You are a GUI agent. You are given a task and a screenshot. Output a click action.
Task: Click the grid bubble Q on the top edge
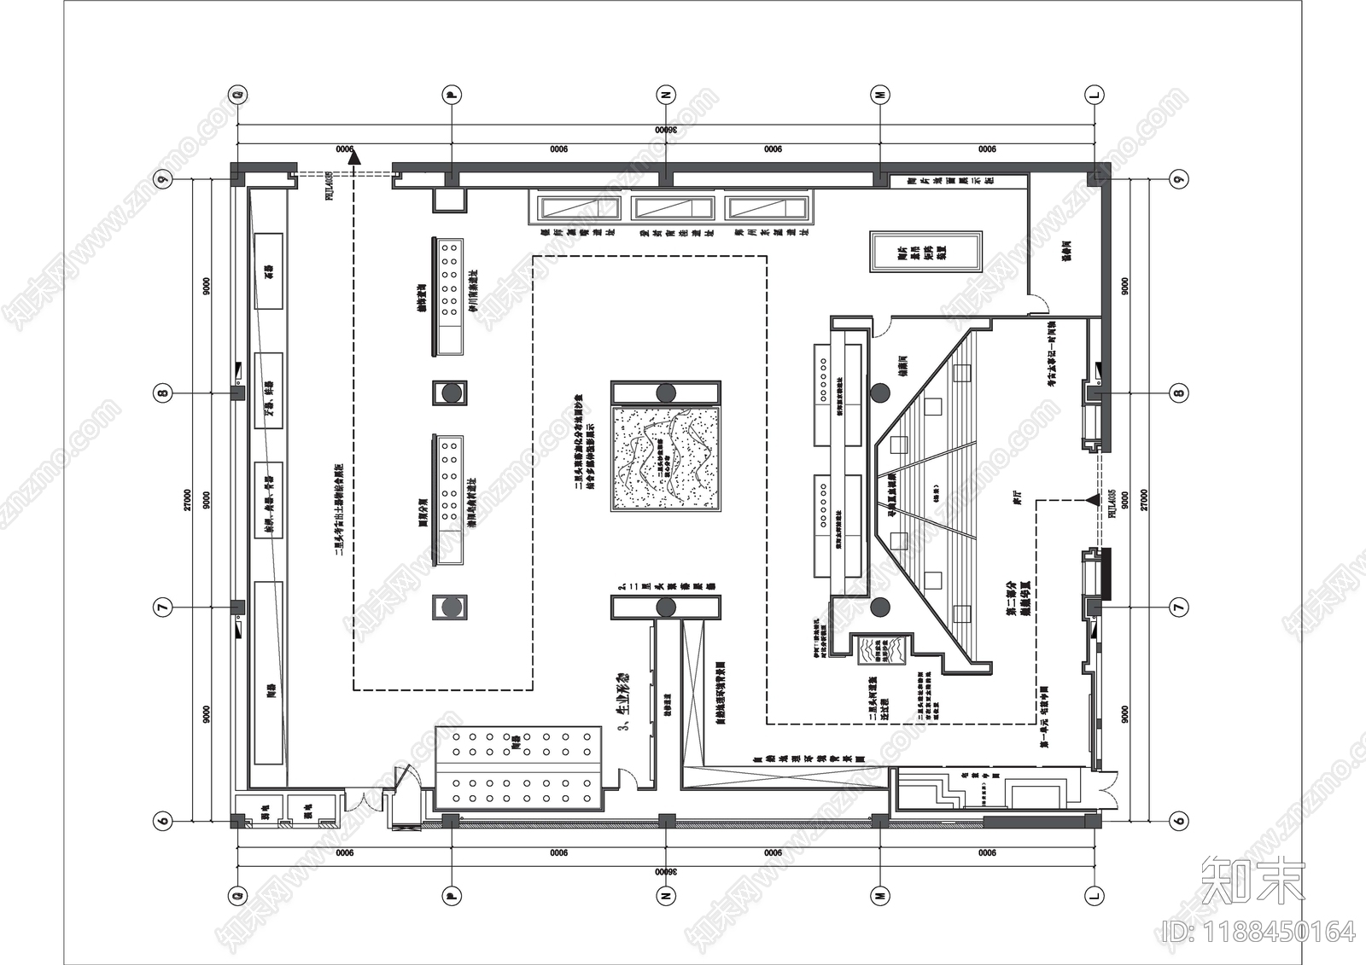point(238,95)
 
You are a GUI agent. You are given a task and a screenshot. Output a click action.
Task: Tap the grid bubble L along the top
point(1094,95)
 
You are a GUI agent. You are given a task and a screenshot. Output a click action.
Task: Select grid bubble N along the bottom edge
point(666,895)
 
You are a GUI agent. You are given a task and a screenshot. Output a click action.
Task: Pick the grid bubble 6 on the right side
point(1179,821)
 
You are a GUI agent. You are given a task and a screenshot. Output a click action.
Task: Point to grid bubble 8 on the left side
point(162,393)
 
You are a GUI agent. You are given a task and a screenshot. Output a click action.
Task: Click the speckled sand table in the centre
point(666,458)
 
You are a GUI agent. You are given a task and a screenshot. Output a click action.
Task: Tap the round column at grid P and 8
point(450,393)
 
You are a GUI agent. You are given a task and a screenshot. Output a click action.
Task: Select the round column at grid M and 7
point(880,607)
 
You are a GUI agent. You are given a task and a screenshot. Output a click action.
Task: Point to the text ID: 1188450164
point(1260,931)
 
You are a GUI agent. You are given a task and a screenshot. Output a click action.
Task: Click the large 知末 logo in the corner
point(1252,880)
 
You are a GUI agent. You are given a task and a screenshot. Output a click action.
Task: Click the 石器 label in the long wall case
point(270,271)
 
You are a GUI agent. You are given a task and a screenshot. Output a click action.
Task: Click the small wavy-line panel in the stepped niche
point(873,650)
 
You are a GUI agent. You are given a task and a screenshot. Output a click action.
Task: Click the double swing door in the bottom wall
point(365,804)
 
